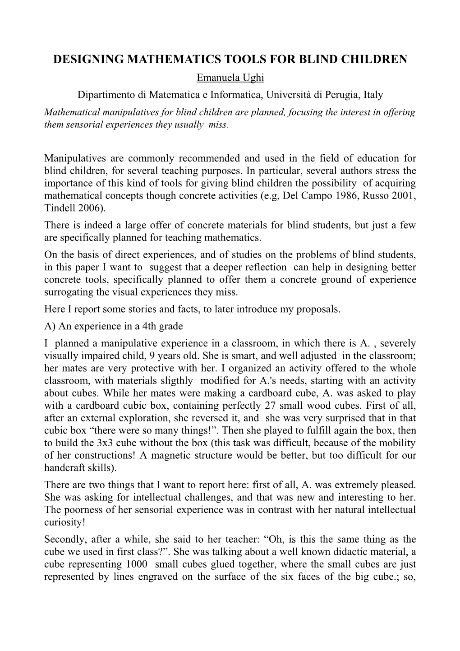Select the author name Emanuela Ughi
click(x=230, y=78)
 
